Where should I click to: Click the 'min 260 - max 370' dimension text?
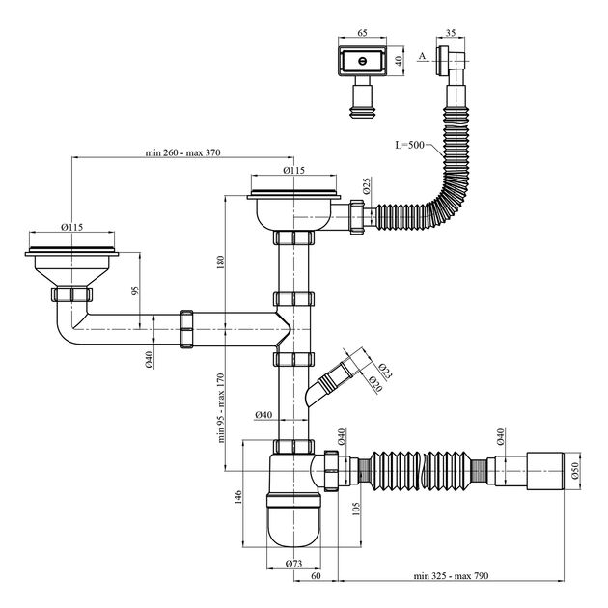pyautogui.click(x=182, y=152)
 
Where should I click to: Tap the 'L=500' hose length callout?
pyautogui.click(x=409, y=145)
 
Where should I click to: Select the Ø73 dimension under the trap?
pyautogui.click(x=293, y=564)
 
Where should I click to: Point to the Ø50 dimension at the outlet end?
pyautogui.click(x=574, y=470)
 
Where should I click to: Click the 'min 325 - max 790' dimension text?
pyautogui.click(x=451, y=575)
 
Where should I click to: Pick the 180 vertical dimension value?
pyautogui.click(x=220, y=263)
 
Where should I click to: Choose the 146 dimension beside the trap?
pyautogui.click(x=237, y=497)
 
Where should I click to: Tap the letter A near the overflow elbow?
pyautogui.click(x=423, y=56)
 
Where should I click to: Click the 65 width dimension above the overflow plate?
pyautogui.click(x=362, y=33)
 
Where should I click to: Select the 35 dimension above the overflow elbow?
pyautogui.click(x=451, y=33)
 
